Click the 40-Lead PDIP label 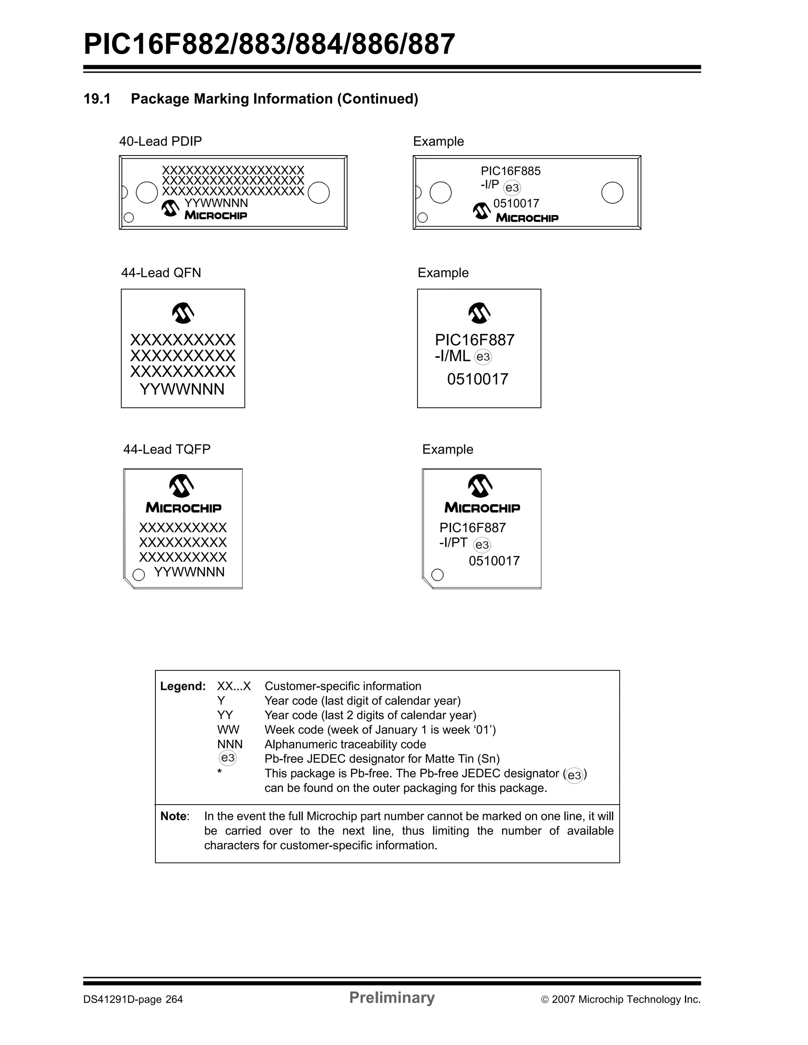pos(160,142)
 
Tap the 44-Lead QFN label pos(161,273)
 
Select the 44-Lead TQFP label pos(167,449)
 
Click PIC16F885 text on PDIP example pos(510,171)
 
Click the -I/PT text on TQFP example pos(453,542)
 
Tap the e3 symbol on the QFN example pos(483,357)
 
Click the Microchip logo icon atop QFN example pos(479,313)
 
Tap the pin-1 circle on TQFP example pos(437,575)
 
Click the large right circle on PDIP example pos(612,193)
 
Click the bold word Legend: pos(183,686)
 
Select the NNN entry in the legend pos(230,744)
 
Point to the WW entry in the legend pos(228,730)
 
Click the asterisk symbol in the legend pos(219,771)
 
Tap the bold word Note pos(174,816)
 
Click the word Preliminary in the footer pos(391,998)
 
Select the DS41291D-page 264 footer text pos(133,1000)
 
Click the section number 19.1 pos(97,99)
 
